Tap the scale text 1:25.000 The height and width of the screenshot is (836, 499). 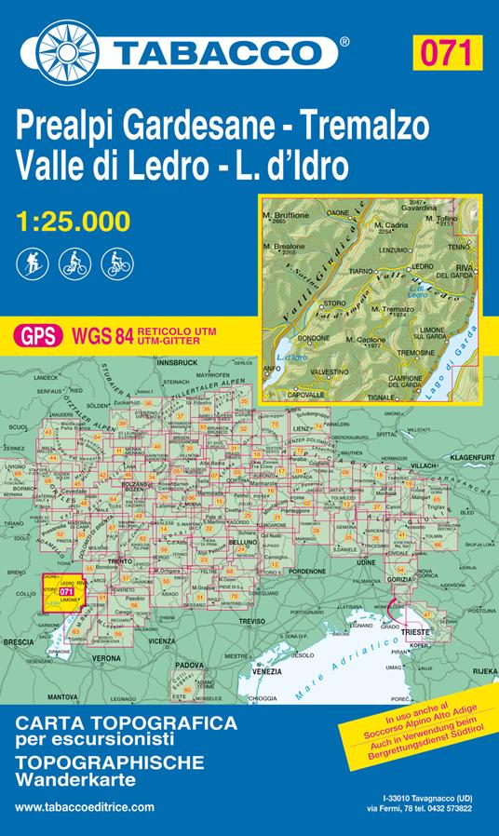pos(73,221)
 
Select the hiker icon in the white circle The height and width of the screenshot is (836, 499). pos(30,264)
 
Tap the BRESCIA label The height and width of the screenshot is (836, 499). pos(18,642)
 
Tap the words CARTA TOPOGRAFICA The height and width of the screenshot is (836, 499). pos(126,722)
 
